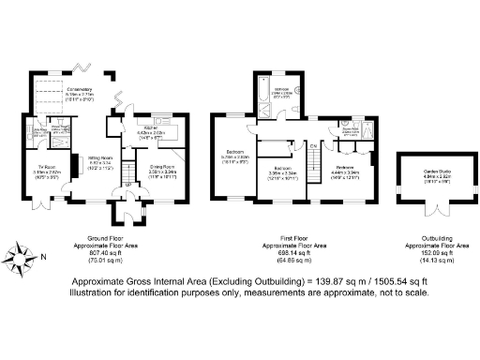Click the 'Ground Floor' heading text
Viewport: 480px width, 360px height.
98,239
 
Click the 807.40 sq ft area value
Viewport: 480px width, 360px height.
98,252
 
